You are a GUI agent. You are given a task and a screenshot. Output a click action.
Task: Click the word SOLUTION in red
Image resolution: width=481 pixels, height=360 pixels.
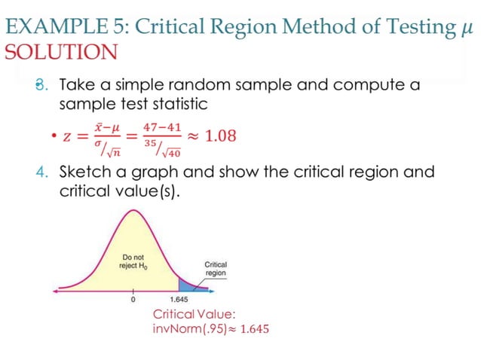point(61,52)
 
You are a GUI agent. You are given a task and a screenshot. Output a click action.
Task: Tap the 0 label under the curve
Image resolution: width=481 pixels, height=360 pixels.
point(133,301)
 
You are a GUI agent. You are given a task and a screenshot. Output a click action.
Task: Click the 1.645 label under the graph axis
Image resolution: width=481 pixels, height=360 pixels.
point(179,301)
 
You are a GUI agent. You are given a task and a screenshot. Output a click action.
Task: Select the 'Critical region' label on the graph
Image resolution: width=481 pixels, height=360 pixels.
point(216,269)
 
